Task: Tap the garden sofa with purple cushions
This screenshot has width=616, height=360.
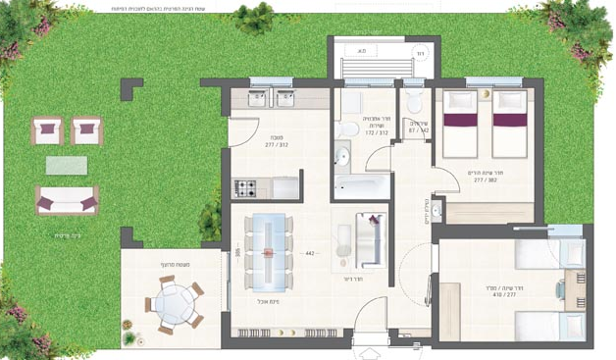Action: point(67,199)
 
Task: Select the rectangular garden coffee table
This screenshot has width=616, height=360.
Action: point(67,164)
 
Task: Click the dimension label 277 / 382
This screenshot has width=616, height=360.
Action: point(483,180)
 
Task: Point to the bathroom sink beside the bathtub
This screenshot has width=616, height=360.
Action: point(342,155)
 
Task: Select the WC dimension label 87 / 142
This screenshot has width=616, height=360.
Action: point(417,129)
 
